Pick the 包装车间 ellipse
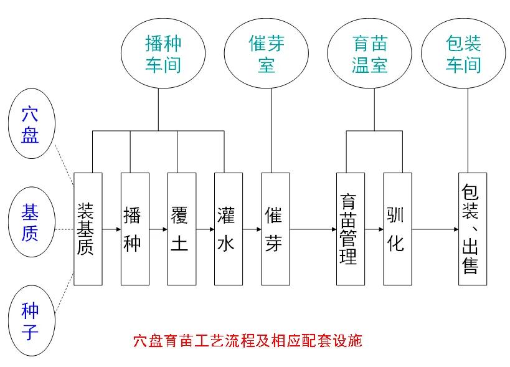[x=464, y=54]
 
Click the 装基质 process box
[x=88, y=229]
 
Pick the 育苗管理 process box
[x=350, y=229]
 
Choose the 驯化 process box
[x=397, y=229]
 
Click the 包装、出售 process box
[x=473, y=229]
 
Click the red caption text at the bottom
[x=247, y=341]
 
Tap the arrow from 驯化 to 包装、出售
[x=435, y=229]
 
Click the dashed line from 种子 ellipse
[x=64, y=295]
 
